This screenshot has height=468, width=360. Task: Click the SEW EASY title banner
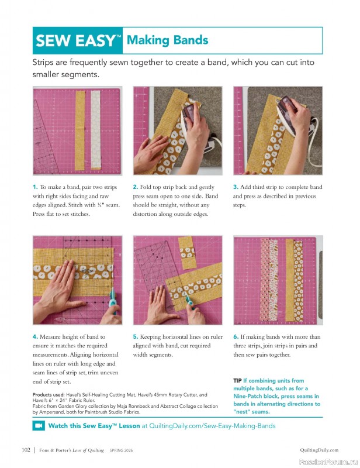tap(78, 41)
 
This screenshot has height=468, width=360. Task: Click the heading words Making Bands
tap(167, 40)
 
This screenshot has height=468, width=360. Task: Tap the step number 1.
tap(35, 187)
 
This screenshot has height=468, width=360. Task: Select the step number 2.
tap(136, 187)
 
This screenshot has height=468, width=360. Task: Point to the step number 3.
tap(236, 187)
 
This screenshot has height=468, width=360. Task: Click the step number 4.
tap(35, 337)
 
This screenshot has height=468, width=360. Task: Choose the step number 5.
tap(136, 337)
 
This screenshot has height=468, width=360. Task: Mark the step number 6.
tap(236, 337)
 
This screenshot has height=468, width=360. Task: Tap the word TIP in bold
tap(237, 381)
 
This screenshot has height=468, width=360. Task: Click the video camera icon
tap(39, 426)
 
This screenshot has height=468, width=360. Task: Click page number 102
tap(25, 450)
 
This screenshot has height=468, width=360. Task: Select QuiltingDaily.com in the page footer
tap(319, 450)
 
